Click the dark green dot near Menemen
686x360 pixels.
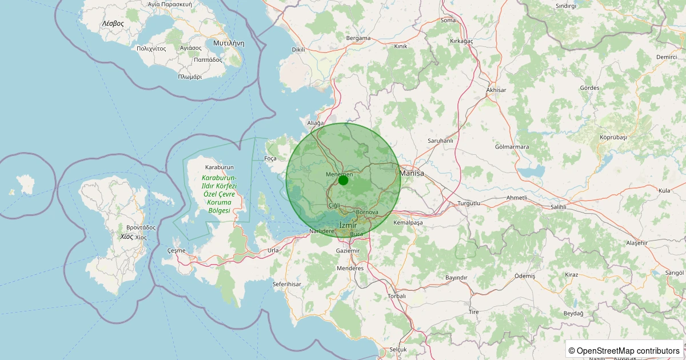click(343, 181)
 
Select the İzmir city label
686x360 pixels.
click(348, 226)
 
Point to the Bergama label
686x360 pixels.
click(358, 38)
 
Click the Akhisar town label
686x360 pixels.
click(496, 90)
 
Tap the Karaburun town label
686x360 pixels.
click(220, 167)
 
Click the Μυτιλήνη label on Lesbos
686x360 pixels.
click(229, 43)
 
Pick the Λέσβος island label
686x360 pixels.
click(113, 23)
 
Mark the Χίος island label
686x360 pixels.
click(126, 236)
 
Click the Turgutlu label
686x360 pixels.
click(470, 203)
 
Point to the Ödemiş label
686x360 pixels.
click(525, 276)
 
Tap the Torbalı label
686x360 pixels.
click(397, 296)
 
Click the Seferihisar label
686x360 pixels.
click(287, 284)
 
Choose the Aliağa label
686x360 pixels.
click(316, 123)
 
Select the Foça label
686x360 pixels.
click(271, 158)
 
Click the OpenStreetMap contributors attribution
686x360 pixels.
click(624, 350)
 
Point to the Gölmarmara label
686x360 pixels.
click(512, 147)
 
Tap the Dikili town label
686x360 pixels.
click(298, 50)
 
